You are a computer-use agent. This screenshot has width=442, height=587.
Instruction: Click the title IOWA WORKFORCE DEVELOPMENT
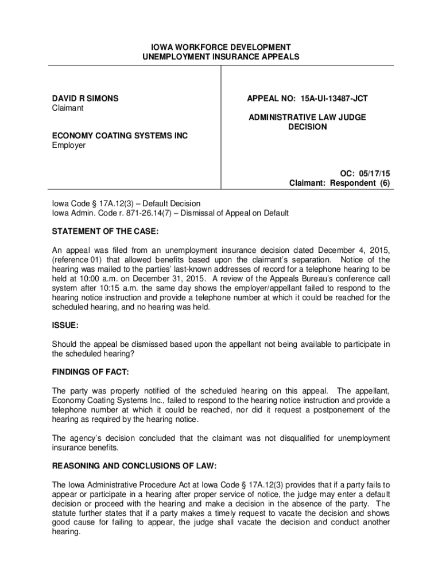point(221,47)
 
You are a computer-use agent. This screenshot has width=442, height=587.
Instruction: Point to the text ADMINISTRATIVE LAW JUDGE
point(307,118)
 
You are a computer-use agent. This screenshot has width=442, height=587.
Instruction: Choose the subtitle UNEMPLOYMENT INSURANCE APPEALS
point(221,57)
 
